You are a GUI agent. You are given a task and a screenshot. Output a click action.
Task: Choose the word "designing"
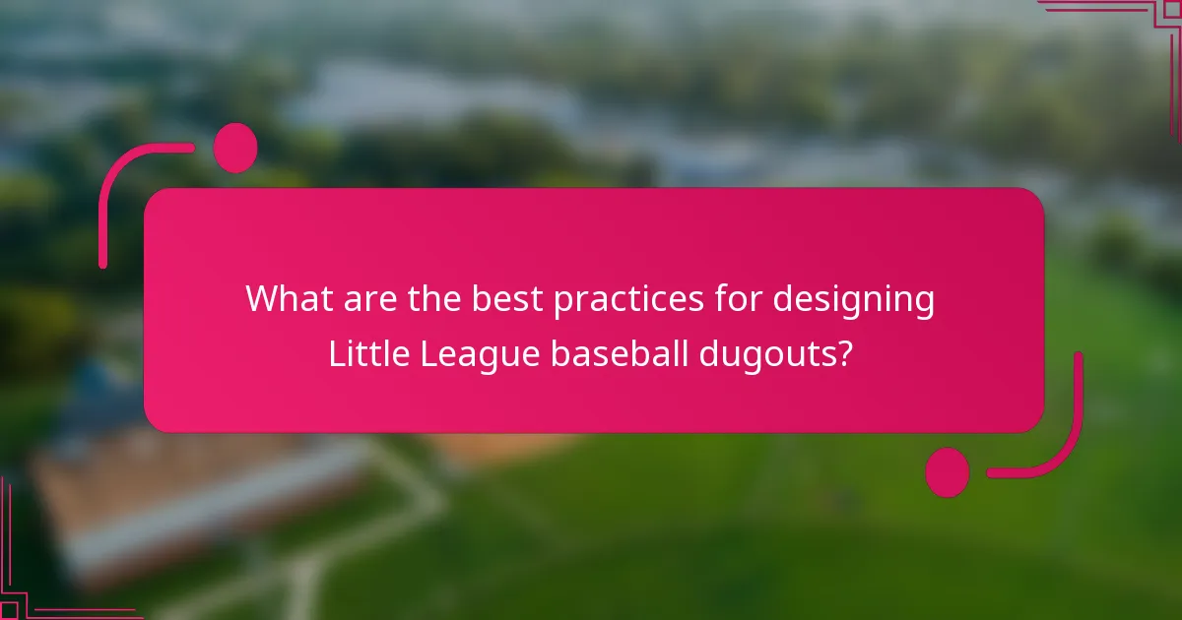pos(853,298)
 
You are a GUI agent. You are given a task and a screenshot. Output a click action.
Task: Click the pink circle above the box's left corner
pos(235,148)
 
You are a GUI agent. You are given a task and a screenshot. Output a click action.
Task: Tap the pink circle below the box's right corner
pos(947,472)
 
